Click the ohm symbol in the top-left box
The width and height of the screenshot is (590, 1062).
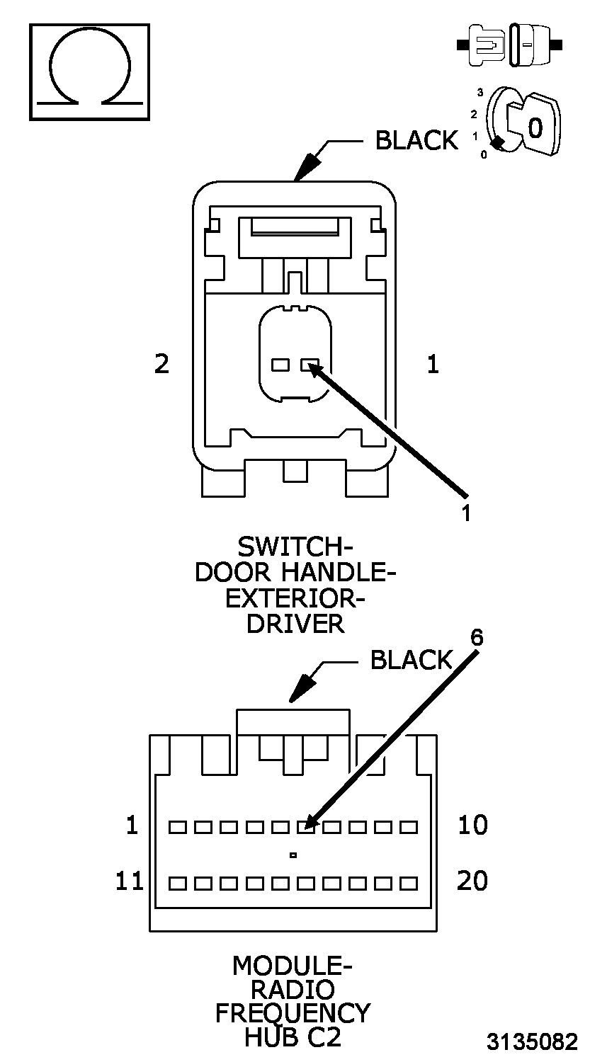point(89,71)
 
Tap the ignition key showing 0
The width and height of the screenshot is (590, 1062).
point(534,126)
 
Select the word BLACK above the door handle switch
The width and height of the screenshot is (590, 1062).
point(416,140)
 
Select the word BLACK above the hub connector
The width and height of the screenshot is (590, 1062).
point(411,660)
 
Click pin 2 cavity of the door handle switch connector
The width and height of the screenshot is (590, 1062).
point(280,365)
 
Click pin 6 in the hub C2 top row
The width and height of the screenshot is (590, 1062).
point(305,826)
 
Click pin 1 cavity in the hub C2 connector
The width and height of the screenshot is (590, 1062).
point(177,826)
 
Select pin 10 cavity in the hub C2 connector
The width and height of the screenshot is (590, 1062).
point(408,826)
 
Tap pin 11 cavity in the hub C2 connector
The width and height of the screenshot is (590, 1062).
point(177,883)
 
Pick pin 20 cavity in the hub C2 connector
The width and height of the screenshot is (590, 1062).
point(408,883)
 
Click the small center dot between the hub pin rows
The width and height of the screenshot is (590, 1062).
point(293,855)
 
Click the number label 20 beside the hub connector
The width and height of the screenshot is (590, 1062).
point(472,881)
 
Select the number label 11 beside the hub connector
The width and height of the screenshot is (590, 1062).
point(130,881)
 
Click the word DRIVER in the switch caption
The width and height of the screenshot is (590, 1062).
point(295,624)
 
